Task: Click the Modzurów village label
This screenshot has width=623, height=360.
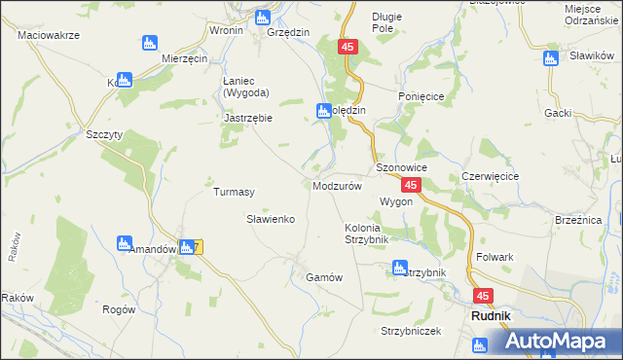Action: coord(338,185)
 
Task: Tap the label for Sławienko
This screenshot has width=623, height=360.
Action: coord(270,220)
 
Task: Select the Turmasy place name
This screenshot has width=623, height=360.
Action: coord(234,193)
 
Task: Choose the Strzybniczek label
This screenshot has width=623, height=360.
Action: coord(411,331)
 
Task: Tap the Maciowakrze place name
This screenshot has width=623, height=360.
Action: coord(48,35)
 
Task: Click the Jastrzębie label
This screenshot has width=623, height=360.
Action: coord(247,118)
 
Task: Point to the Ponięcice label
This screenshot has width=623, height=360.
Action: coord(421,97)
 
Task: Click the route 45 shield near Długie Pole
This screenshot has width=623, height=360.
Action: coord(349,47)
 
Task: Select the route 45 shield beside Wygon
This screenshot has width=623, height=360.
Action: coord(411,185)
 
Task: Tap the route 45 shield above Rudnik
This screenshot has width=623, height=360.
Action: coord(484,296)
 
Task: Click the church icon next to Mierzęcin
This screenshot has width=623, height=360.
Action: coord(149,43)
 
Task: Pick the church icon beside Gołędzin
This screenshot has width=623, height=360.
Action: coord(324,111)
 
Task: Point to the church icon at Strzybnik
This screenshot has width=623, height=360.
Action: coord(398,268)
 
